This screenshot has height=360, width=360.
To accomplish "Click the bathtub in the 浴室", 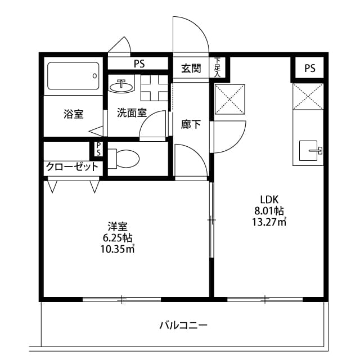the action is (73, 76).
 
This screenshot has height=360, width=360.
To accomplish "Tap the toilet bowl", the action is (124, 159).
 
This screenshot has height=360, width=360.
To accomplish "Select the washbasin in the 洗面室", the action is (121, 86).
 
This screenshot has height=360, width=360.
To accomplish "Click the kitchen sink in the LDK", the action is (308, 151).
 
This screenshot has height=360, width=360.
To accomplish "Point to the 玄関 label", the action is (191, 68).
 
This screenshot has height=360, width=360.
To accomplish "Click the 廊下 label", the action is (191, 124).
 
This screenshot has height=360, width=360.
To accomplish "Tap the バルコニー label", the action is (183, 325).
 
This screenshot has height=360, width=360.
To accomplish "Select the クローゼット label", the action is (72, 166).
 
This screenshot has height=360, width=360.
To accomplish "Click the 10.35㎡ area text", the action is (118, 249).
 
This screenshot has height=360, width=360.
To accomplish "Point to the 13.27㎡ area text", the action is (269, 222).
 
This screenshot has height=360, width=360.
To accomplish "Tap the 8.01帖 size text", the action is (269, 210).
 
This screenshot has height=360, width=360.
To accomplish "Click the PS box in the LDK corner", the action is (309, 68).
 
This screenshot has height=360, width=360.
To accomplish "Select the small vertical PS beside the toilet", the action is (98, 149).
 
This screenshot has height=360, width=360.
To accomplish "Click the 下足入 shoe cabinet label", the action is (217, 67).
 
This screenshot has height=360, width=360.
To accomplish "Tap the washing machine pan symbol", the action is (154, 88).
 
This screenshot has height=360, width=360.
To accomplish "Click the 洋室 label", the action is (118, 227).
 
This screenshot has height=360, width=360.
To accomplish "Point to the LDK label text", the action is (269, 200).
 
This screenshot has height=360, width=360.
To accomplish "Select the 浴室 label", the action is (74, 114).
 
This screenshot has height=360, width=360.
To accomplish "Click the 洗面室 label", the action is (132, 112).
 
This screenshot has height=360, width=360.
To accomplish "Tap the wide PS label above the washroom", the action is (139, 64).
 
